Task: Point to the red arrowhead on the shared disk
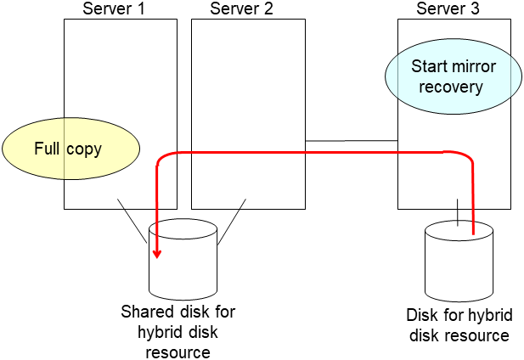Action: [x=157, y=252]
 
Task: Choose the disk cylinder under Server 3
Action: [x=459, y=256]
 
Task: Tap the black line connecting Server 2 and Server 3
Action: [x=352, y=140]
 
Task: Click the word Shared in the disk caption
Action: [x=145, y=312]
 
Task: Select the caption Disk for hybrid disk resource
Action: [x=459, y=324]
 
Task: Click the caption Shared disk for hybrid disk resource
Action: [x=177, y=331]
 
